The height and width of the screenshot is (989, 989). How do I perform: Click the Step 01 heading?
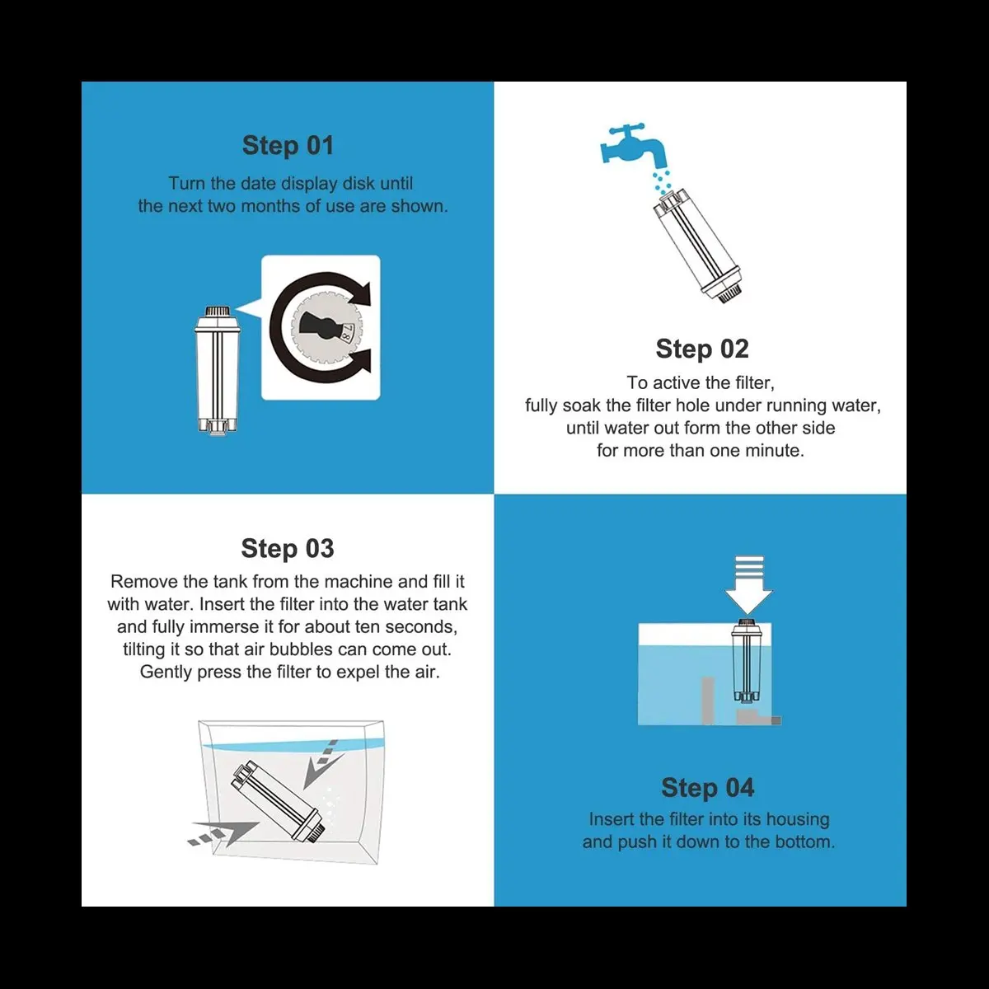288,145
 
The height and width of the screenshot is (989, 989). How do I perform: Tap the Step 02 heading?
702,349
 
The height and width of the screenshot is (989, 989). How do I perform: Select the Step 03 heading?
288,548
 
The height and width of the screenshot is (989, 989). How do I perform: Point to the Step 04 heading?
708,787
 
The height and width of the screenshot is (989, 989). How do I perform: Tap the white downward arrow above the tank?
749,584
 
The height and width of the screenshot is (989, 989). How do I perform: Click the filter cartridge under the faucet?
699,246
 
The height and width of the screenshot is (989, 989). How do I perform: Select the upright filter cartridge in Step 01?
218,371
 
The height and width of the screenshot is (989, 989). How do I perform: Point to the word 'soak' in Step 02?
582,405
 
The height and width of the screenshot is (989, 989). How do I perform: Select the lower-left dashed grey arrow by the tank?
223,834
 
